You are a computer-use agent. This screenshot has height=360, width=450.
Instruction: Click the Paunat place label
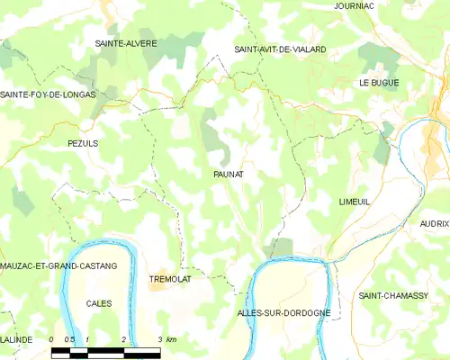point(229,175)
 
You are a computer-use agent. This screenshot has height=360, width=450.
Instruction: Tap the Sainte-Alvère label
point(127,43)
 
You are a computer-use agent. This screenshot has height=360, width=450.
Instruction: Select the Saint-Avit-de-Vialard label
point(280,49)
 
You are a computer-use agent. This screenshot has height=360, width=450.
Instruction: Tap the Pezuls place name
point(82,143)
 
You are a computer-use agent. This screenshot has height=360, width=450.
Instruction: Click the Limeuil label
point(355,202)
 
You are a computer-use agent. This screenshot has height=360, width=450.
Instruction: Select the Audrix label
point(434,221)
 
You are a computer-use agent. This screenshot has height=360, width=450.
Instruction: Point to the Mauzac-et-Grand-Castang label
point(58,267)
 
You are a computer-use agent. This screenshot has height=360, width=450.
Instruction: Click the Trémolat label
point(168,279)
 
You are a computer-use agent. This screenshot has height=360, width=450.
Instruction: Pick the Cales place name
point(99,303)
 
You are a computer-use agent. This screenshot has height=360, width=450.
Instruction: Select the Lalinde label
point(16,339)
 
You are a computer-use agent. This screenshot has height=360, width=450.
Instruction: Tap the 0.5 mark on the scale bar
point(69,339)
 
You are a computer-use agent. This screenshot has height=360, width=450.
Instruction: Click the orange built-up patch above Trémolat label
point(159,261)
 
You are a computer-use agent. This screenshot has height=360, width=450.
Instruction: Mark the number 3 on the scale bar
point(159,339)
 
